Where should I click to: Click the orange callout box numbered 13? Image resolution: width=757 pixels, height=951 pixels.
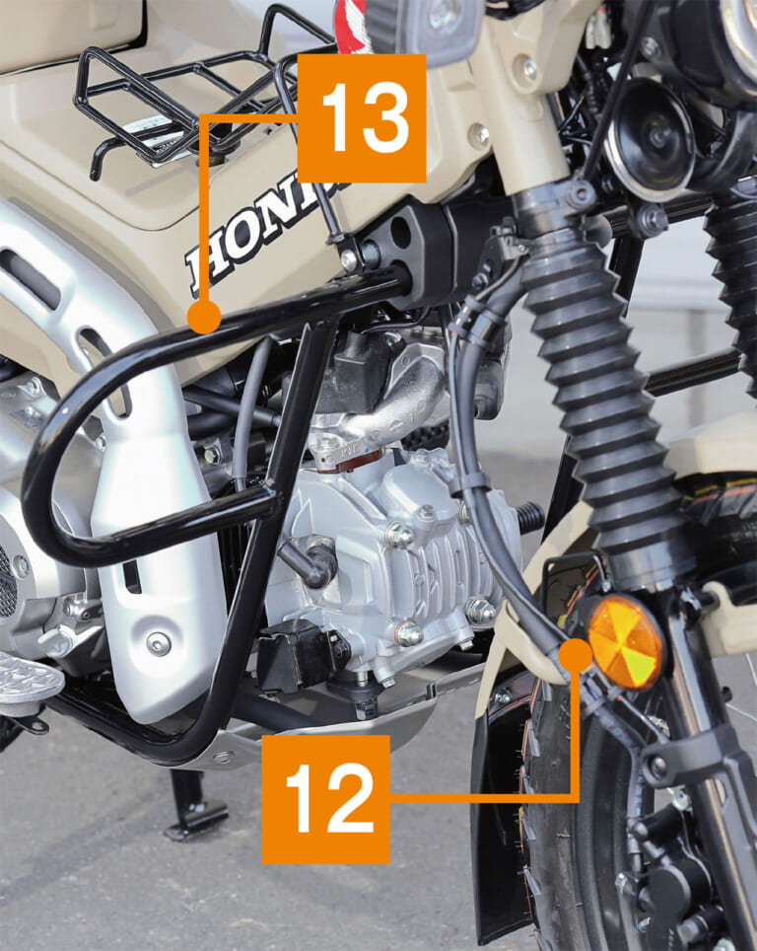pos(362,118)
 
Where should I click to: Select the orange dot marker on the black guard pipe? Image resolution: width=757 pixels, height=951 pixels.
pos(204,318)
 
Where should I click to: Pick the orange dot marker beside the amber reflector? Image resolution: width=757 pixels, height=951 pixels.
pos(575,654)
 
